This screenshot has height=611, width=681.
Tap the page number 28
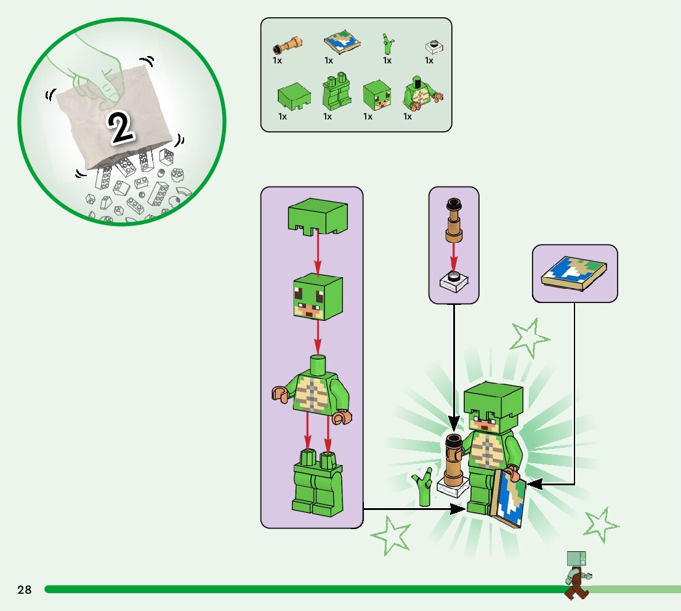[25, 590]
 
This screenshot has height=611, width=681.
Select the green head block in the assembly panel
[317, 297]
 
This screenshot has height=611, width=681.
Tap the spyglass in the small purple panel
[454, 222]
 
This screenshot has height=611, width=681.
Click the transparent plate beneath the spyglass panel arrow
[454, 281]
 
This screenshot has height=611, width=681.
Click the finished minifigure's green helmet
[493, 398]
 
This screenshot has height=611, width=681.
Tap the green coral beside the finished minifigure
[423, 487]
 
